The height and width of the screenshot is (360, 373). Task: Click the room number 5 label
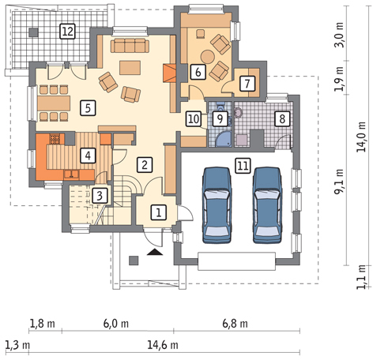point(88,108)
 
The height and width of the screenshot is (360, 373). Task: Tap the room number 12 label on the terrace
point(68,32)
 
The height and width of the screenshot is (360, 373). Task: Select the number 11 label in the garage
point(243,166)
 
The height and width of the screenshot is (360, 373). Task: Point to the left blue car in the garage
point(217,204)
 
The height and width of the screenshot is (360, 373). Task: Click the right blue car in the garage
point(267,204)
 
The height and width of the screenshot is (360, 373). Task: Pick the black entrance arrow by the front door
point(155,252)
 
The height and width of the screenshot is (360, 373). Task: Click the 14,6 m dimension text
point(163,345)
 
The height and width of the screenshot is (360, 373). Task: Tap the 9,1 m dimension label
point(339,182)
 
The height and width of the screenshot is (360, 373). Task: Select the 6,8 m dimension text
point(235,324)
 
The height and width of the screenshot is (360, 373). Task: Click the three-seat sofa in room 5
point(130,46)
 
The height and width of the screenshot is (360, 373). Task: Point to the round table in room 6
point(207,57)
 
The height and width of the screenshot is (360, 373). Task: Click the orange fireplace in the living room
point(169,73)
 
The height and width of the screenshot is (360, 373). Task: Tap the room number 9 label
point(220,118)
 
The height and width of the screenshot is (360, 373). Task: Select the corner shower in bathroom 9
point(223,140)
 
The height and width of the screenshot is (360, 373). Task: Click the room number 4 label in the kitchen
point(88,156)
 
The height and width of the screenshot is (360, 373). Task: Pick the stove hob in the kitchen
point(55,139)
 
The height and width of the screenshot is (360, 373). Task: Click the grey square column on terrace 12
point(33,32)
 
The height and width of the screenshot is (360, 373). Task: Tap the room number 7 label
point(247,84)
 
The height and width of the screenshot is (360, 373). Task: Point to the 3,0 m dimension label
point(339,35)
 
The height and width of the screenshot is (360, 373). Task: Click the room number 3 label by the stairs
point(100,196)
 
